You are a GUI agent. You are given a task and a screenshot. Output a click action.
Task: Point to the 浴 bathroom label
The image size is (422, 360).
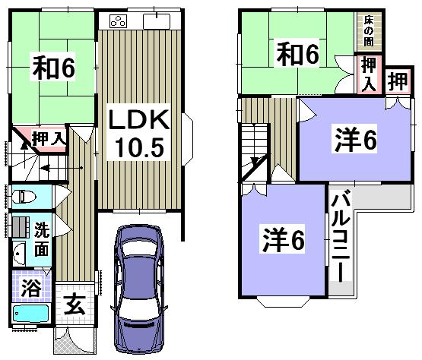(30, 288)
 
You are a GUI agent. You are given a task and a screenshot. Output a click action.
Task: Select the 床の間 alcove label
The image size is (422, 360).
(370, 28)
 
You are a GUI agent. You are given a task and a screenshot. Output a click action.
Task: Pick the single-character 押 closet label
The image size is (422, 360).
(395, 82)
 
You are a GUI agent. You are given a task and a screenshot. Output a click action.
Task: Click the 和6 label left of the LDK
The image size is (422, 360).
(52, 67)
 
